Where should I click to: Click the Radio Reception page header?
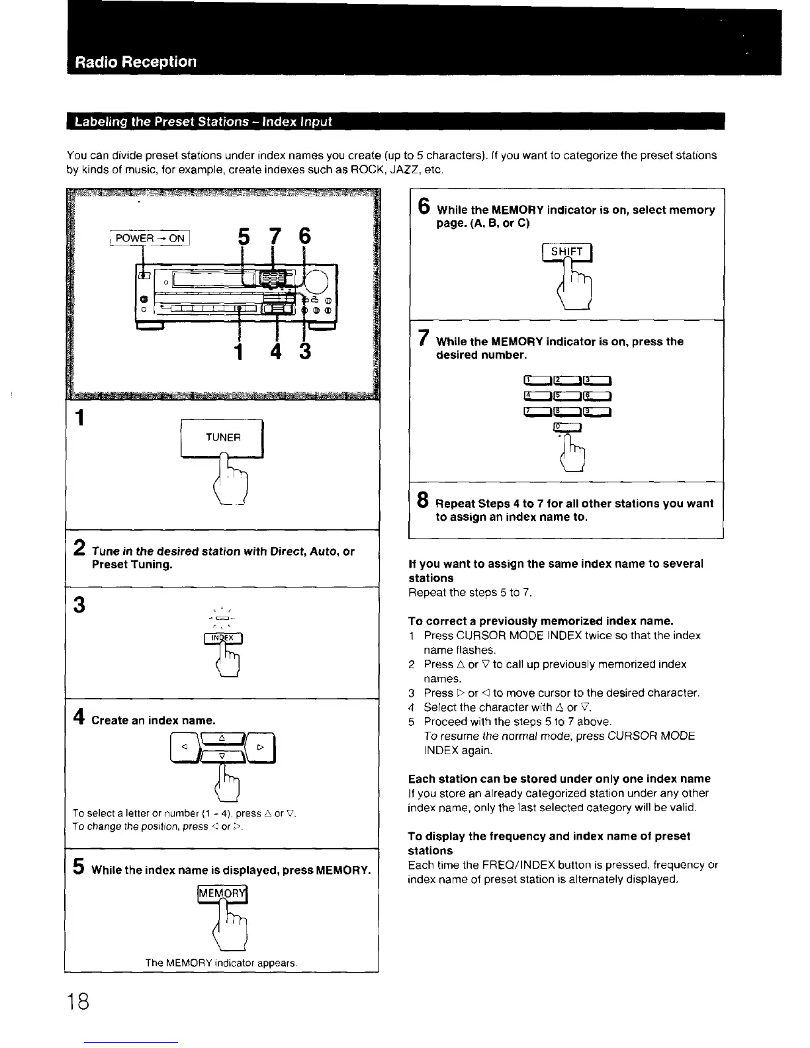click(x=136, y=62)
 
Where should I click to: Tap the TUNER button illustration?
click(x=222, y=437)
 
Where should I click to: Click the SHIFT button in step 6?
click(x=566, y=252)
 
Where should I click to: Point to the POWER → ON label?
click(x=150, y=238)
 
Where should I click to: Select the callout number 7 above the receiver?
click(x=277, y=237)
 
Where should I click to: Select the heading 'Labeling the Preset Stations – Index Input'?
click(x=202, y=122)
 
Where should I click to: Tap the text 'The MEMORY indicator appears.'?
click(x=221, y=963)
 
